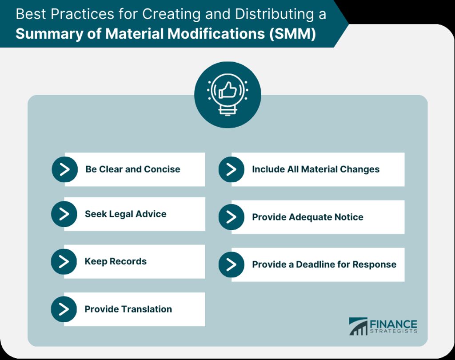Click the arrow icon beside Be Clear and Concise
65,169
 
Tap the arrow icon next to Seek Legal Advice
64,214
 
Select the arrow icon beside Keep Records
64,261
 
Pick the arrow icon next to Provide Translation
64,309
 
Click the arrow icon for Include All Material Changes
231,169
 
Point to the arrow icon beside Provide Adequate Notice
231,217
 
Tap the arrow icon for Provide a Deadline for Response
231,264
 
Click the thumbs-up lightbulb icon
227,94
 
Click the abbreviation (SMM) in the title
293,34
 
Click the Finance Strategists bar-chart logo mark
358,326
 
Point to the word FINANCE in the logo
394,324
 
